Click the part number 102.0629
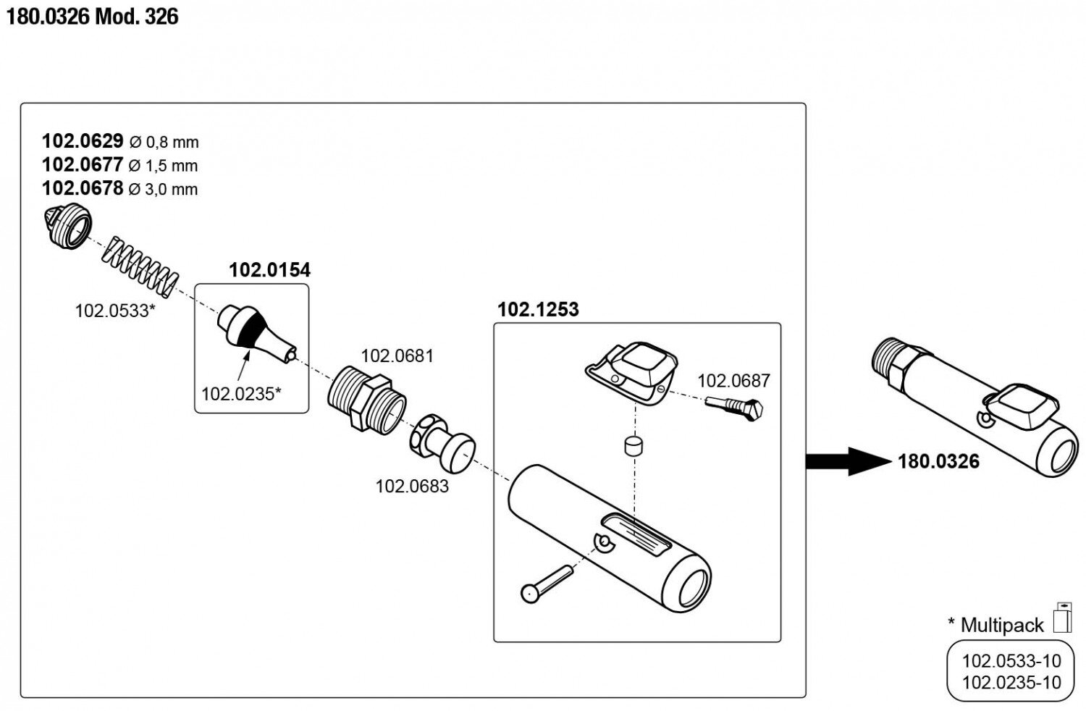(83, 140)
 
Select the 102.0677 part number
(83, 164)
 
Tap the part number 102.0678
(83, 188)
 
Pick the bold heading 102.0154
(269, 270)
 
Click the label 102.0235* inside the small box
(241, 394)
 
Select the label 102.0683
(411, 486)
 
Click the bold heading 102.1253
(538, 309)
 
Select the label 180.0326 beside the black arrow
(938, 461)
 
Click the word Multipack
(1002, 625)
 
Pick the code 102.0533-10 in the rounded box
(1011, 660)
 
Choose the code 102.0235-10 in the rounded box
(1011, 682)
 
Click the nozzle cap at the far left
(67, 226)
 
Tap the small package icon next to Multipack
(1061, 618)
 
